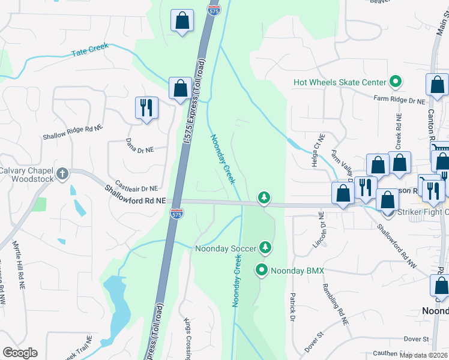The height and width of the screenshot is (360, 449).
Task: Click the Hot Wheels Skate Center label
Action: [x=339, y=82]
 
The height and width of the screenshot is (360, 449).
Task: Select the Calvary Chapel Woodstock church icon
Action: [x=62, y=174]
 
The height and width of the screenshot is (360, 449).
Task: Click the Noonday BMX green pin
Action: [x=262, y=271]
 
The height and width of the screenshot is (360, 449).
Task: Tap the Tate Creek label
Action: [x=89, y=53]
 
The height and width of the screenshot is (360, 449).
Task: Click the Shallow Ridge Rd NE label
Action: [x=73, y=133]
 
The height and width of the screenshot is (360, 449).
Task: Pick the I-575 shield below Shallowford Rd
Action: [x=176, y=213]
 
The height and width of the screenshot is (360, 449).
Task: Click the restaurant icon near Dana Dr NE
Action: [x=146, y=108]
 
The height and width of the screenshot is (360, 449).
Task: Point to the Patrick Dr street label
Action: [x=292, y=305]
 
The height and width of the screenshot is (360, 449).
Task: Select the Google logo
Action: [x=20, y=353]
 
